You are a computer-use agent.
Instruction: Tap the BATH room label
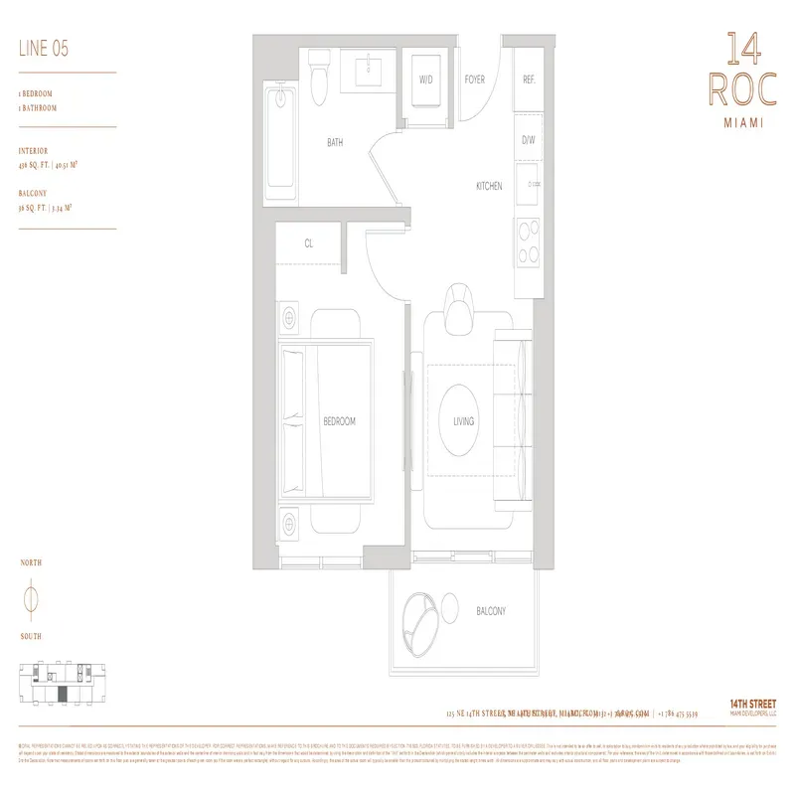335,143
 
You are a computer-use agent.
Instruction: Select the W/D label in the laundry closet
425,79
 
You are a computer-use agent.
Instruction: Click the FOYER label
474,79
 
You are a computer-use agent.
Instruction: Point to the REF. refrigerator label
529,79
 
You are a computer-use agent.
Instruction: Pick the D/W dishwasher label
529,140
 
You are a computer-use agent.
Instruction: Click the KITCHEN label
488,186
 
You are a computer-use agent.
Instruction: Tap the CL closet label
309,241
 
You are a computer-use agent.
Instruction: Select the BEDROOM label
339,421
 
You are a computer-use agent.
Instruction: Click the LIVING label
463,421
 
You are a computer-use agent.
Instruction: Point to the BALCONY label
490,611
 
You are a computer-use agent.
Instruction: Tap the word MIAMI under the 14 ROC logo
736,123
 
